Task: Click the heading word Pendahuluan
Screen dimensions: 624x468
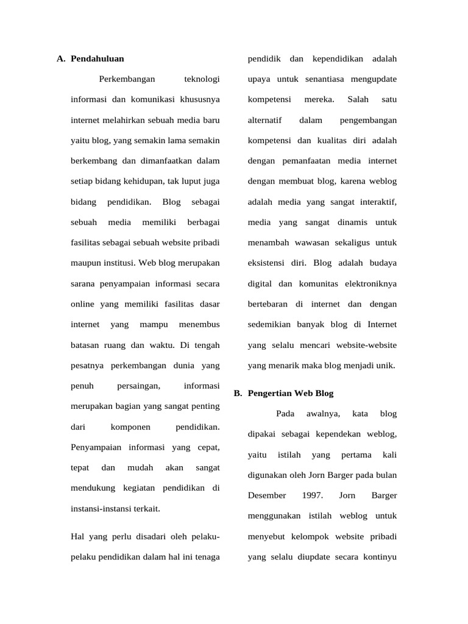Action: click(x=97, y=59)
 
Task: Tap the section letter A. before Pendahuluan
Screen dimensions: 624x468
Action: click(x=61, y=59)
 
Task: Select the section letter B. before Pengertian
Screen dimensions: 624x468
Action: click(x=238, y=394)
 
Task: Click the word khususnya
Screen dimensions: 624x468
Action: click(x=199, y=99)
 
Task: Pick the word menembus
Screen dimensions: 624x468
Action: click(x=200, y=325)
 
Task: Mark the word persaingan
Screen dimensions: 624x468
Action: click(x=138, y=386)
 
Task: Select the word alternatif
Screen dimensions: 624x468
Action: click(x=265, y=120)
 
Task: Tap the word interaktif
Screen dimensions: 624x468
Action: click(x=375, y=202)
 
